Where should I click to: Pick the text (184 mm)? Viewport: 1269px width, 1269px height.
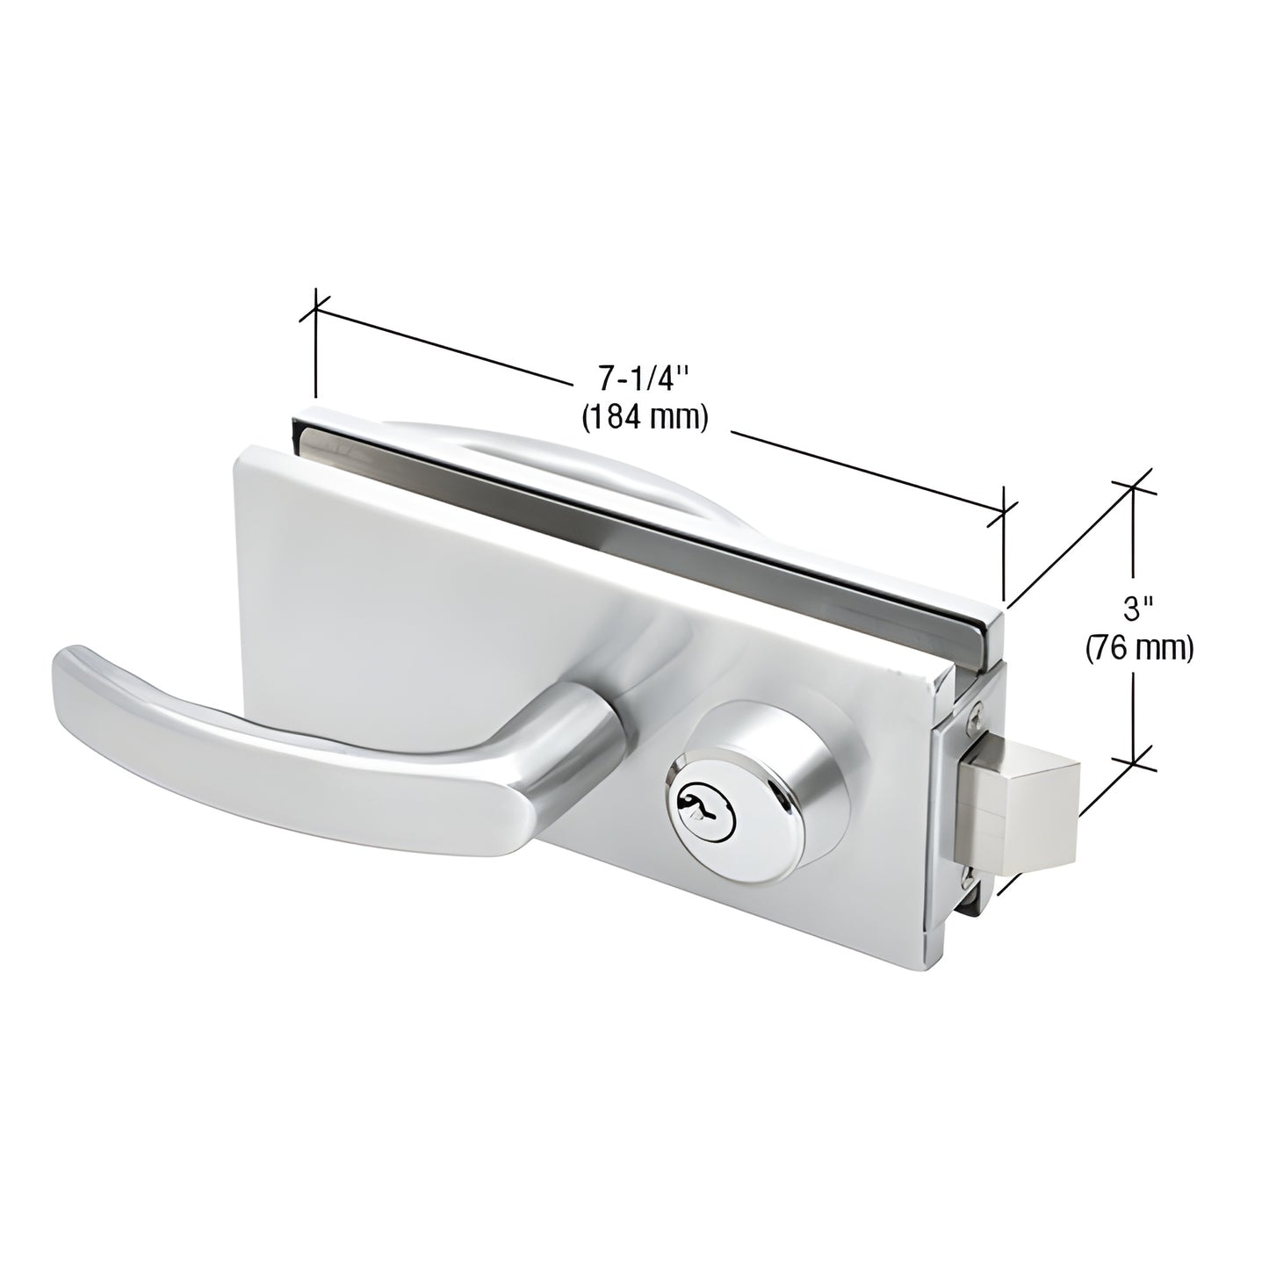[645, 417]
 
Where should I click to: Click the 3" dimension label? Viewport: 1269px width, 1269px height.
[1138, 607]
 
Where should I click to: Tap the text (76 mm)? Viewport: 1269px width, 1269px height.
[1139, 648]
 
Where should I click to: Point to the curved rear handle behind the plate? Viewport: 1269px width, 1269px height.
[562, 448]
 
